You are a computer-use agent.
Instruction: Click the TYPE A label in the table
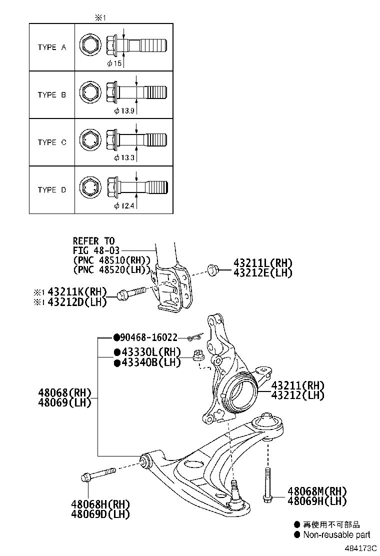tap(52, 47)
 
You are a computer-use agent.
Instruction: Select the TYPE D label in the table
tap(52, 190)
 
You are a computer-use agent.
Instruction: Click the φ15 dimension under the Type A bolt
tap(114, 63)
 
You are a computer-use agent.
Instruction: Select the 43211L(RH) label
tap(262, 263)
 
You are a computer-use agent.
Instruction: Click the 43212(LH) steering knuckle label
tap(297, 395)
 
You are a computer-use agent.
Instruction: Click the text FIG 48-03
tap(95, 250)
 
